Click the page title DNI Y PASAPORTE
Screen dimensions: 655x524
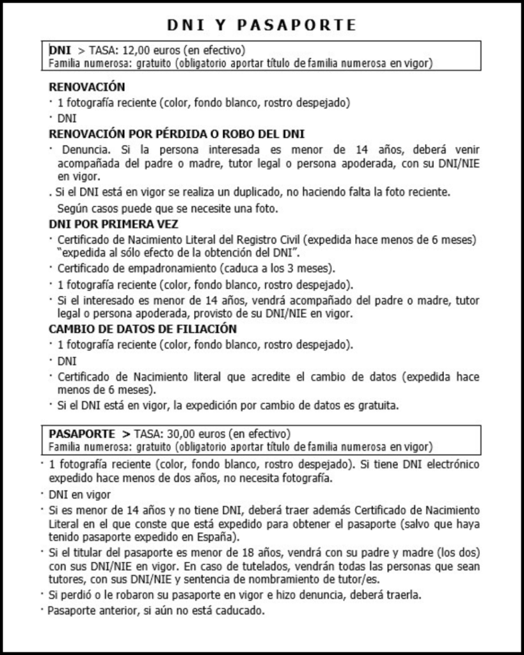(262, 25)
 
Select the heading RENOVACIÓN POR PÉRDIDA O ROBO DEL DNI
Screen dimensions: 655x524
(177, 134)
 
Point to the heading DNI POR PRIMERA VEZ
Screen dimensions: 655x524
(114, 224)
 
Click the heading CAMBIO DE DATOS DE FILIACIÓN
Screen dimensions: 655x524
(143, 329)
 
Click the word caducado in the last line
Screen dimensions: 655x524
(240, 610)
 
